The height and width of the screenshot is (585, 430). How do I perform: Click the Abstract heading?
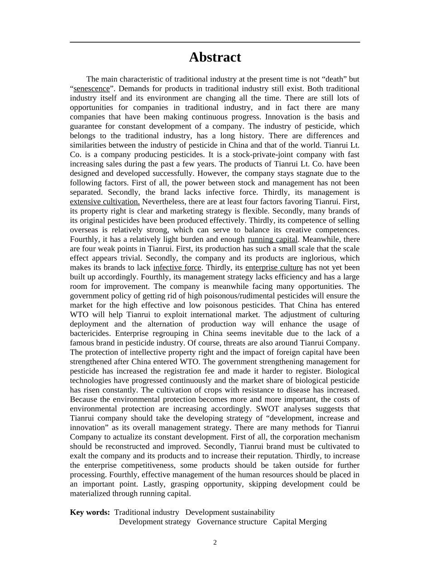(x=215, y=58)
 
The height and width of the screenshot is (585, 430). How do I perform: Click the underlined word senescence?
(x=91, y=89)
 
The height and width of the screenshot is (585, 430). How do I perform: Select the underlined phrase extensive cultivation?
(x=105, y=201)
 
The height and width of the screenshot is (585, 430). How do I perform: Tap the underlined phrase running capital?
(x=272, y=239)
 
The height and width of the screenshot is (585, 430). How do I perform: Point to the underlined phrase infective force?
(x=177, y=268)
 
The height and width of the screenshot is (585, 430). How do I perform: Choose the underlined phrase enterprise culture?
(x=274, y=268)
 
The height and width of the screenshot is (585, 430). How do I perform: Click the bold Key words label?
(x=90, y=512)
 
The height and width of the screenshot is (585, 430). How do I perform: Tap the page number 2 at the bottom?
(x=215, y=542)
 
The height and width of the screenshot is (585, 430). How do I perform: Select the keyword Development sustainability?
(x=230, y=512)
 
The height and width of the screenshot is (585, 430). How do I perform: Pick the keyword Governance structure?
(x=232, y=522)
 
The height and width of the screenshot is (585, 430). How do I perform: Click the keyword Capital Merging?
(x=300, y=522)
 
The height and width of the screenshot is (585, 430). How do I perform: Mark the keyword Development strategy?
(x=155, y=522)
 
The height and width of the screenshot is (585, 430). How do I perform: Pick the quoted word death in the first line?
(x=320, y=79)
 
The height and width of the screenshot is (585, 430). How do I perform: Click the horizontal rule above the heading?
(x=215, y=42)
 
